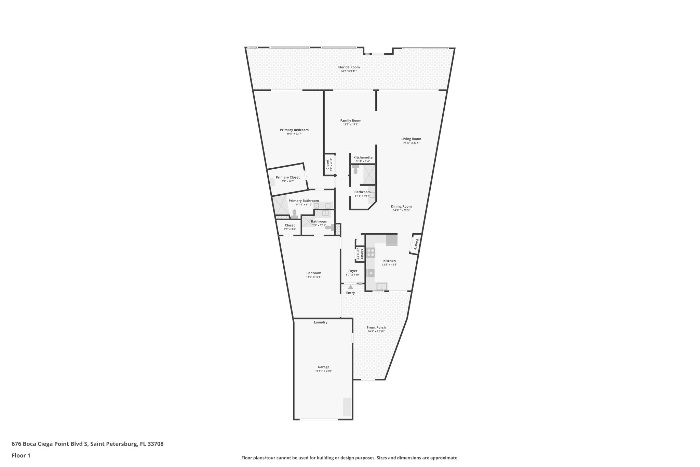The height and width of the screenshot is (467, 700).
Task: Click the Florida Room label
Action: pos(349,67)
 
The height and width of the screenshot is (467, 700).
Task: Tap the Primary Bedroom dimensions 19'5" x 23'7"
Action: pos(294,134)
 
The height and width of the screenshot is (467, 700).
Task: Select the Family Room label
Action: pos(350,120)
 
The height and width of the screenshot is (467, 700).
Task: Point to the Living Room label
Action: pos(411,139)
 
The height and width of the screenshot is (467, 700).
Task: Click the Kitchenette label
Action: pos(363,157)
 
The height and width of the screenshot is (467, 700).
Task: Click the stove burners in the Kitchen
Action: pos(371,253)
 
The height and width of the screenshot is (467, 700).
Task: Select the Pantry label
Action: pos(416,244)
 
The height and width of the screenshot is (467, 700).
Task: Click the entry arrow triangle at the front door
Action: pos(350,287)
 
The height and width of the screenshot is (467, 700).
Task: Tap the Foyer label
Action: pos(352,271)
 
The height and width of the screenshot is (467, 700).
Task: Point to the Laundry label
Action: pos(321,322)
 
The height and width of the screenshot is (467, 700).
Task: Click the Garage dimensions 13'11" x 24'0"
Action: pos(323,371)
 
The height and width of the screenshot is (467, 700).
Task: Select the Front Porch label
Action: pos(376,327)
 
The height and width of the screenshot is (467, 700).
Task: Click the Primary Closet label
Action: pos(287,177)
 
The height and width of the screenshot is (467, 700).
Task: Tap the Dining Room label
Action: pos(401,206)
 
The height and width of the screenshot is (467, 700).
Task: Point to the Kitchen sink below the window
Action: pos(382,286)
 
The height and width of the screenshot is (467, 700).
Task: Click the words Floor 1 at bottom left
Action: pos(21,455)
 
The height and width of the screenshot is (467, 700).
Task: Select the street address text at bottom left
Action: pos(87,444)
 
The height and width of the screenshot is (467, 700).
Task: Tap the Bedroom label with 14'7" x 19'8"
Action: pos(313,273)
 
